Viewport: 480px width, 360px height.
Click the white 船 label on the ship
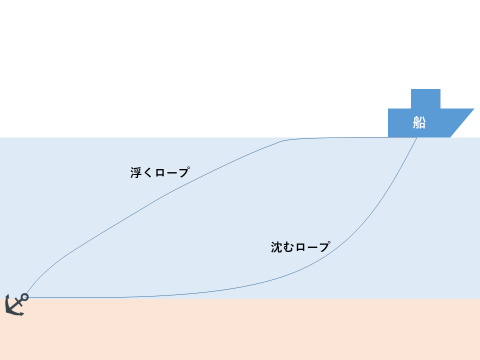[x=419, y=122]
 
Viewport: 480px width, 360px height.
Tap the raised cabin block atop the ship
[x=426, y=99]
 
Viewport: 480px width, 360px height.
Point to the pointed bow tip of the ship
[x=474, y=109]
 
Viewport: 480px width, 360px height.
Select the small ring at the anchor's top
[x=25, y=297]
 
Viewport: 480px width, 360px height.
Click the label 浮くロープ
[x=160, y=172]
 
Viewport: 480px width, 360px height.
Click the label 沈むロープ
[x=300, y=247]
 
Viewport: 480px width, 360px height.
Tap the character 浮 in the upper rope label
[x=136, y=173]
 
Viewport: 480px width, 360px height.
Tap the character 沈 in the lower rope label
[x=277, y=247]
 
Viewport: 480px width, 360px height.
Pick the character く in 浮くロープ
[x=148, y=173]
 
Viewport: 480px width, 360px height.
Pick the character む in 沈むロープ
[x=289, y=247]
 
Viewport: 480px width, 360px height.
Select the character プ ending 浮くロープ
[x=184, y=172]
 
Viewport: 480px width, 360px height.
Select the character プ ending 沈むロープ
[x=324, y=247]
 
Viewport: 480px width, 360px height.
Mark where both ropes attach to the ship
[x=417, y=138]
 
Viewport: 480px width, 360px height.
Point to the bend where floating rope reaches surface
[x=286, y=140]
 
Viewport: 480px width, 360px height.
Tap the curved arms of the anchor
[x=13, y=311]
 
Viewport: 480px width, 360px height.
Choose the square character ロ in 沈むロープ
[x=301, y=248]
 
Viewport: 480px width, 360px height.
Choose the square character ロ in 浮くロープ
[x=160, y=173]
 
